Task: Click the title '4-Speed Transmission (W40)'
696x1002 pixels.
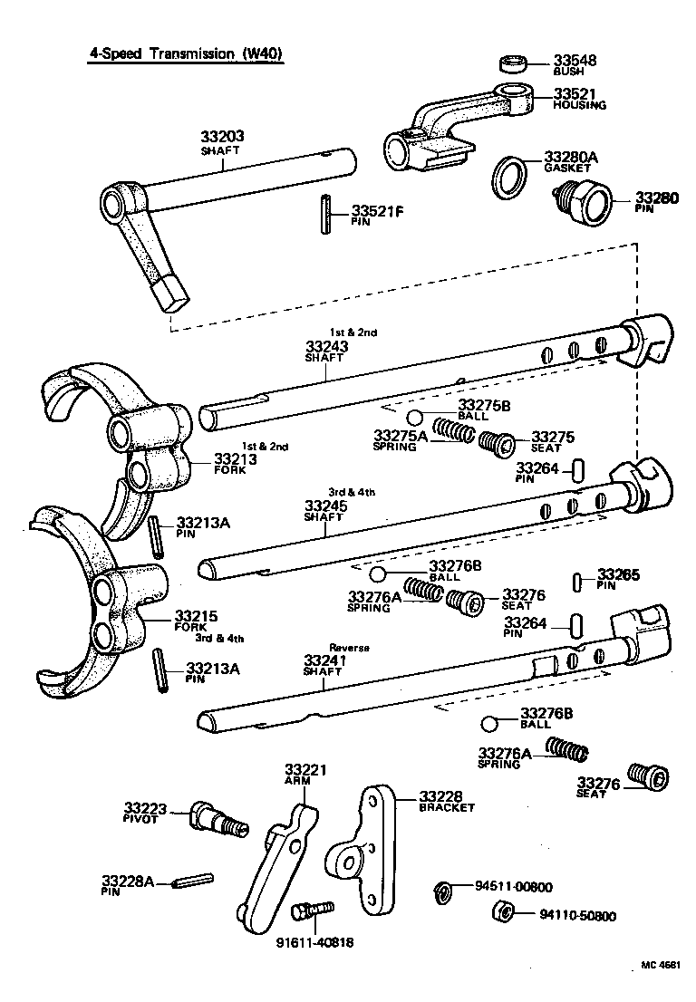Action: (185, 53)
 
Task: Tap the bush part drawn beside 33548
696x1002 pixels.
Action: (514, 64)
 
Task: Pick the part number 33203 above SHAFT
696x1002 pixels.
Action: (223, 137)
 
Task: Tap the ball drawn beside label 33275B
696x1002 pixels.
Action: (415, 417)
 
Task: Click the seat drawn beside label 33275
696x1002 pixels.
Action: (495, 444)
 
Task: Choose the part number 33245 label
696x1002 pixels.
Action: (323, 505)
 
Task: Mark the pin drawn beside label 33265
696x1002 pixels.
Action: (579, 580)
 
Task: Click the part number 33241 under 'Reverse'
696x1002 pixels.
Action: (323, 660)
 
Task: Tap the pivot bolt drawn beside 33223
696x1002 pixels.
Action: (217, 818)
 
